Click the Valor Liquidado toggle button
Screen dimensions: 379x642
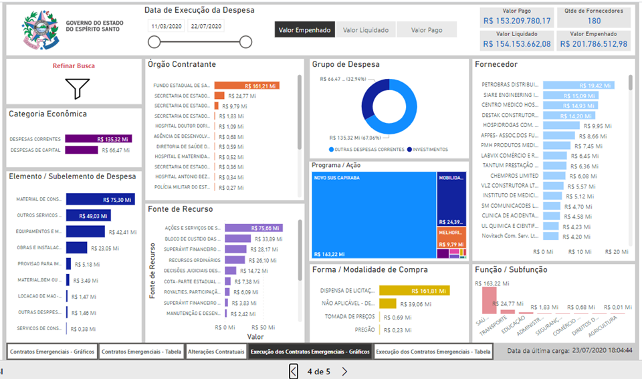coord(365,29)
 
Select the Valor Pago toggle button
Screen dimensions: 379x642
coord(426,29)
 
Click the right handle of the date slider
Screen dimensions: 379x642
coord(245,43)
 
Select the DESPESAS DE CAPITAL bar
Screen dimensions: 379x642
coord(82,150)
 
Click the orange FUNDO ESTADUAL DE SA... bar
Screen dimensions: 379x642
coord(246,86)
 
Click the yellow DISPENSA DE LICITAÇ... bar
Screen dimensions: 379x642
coord(415,291)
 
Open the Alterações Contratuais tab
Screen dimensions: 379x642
coord(216,352)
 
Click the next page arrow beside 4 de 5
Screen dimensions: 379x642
coord(344,372)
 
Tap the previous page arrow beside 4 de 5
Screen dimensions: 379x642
coord(294,372)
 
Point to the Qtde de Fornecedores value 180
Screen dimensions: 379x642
coord(594,21)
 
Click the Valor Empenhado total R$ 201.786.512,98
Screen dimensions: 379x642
coord(594,44)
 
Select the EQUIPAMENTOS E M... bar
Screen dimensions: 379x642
coord(86,232)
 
